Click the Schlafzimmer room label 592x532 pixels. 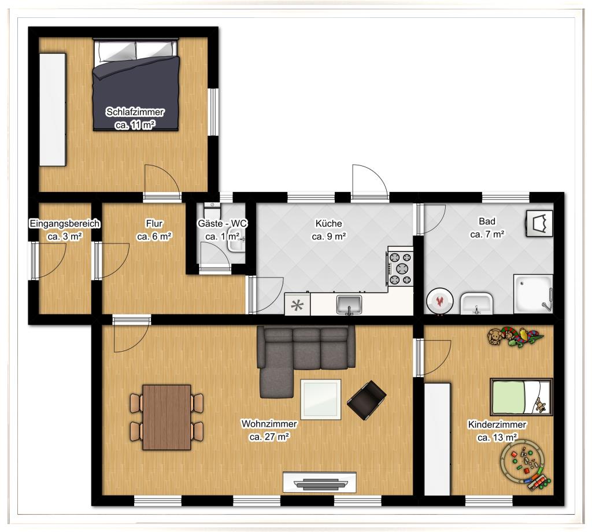coord(135,112)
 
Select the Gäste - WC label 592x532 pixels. coord(222,224)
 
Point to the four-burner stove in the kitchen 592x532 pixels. coord(400,268)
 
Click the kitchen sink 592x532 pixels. coord(349,304)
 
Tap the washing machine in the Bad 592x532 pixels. coord(540,223)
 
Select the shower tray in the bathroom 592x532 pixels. coord(533,294)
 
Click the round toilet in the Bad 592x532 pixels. coord(439,301)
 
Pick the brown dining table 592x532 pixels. coord(166,418)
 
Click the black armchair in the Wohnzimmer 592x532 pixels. coord(367,400)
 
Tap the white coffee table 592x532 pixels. coord(320,399)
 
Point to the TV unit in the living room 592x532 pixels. coord(319,482)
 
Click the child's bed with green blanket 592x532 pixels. coord(521,397)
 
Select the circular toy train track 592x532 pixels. coord(524,465)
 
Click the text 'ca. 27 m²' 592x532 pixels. coord(269,437)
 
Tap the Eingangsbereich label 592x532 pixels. coord(65,224)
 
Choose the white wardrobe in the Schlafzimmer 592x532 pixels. coord(53,109)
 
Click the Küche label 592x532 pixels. coord(329,224)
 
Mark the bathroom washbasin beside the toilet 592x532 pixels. coord(476,303)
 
